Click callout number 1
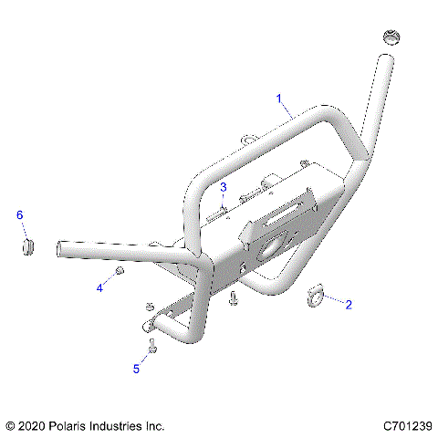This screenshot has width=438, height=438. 279,98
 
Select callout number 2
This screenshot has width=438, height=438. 348,307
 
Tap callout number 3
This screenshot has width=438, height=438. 222,187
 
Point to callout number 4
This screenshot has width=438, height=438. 99,287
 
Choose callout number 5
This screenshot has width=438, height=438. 137,369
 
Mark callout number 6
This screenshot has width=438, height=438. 20,214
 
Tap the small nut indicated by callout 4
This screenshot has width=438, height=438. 120,274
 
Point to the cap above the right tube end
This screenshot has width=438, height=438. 390,38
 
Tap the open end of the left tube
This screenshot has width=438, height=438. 61,247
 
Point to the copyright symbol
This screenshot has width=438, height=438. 12,425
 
